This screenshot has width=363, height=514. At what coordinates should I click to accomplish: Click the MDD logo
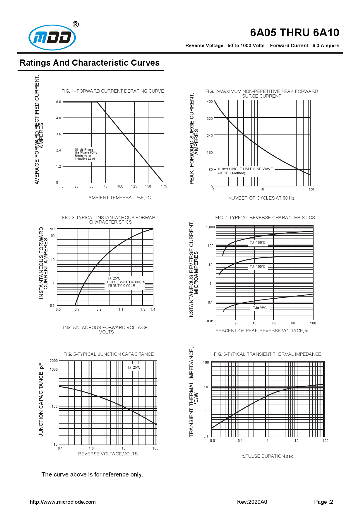coord(52,38)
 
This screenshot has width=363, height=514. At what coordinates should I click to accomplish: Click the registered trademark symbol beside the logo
coord(76,24)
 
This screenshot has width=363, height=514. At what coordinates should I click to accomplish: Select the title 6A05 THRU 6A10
coord(294,33)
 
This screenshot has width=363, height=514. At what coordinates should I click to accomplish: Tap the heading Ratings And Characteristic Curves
coord(90,63)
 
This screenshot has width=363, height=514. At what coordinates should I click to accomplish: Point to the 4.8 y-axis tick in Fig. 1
coord(59,118)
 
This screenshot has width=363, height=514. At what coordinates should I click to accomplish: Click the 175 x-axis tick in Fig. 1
coord(164,186)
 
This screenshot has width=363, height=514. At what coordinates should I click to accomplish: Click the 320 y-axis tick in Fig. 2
coord(210,119)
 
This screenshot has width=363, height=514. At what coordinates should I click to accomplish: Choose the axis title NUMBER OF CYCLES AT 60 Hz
coord(261,198)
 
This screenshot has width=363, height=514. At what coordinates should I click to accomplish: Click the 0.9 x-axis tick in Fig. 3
coord(99,309)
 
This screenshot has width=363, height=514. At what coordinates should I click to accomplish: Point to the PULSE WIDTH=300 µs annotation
coord(126,282)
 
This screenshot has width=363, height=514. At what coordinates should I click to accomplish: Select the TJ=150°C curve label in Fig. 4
coord(257,243)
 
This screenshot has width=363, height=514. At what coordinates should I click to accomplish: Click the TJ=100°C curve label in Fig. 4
coord(257,267)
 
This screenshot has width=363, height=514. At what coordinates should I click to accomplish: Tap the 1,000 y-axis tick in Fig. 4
coord(210,227)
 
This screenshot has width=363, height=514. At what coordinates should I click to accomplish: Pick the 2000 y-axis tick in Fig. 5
coord(54,361)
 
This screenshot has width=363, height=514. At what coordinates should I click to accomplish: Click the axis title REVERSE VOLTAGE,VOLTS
coord(108,454)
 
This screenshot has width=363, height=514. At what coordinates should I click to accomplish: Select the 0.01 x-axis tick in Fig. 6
coord(213,441)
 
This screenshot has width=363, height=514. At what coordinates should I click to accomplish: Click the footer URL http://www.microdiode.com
coord(63,502)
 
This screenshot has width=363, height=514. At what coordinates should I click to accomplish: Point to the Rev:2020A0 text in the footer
coord(252,502)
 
